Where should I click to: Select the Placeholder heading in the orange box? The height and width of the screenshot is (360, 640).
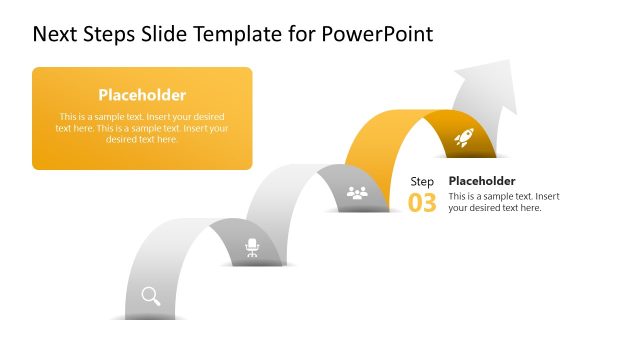[x=142, y=95]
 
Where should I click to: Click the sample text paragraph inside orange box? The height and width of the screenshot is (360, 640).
[x=142, y=128]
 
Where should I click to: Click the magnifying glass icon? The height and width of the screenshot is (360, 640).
[x=151, y=295]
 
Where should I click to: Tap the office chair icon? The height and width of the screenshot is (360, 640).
[x=252, y=247]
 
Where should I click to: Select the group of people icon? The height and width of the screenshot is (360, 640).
[x=357, y=192]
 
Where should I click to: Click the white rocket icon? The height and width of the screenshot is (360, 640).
[x=463, y=138]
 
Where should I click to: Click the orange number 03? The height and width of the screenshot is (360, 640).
[x=422, y=203]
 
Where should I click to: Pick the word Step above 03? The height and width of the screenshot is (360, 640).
[x=422, y=181]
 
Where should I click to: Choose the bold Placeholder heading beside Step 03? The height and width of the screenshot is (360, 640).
[x=482, y=181]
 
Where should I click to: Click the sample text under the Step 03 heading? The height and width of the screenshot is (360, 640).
[x=503, y=202]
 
